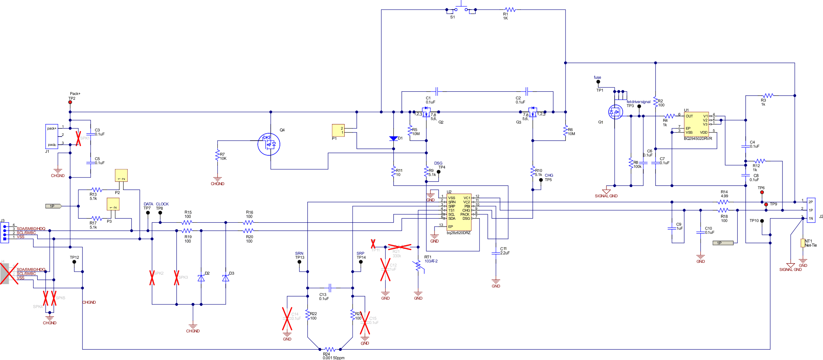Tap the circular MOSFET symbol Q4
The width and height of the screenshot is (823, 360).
click(269, 144)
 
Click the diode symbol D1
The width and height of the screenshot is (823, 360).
click(393, 138)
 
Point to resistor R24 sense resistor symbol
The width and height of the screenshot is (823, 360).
click(330, 349)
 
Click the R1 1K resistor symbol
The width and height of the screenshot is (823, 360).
click(510, 10)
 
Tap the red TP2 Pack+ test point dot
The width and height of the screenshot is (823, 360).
click(70, 102)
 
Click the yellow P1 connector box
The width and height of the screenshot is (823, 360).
click(338, 130)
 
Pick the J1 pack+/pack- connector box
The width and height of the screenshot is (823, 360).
click(52, 136)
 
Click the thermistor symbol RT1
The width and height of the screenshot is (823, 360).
click(418, 266)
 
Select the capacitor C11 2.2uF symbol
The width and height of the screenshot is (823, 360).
click(496, 253)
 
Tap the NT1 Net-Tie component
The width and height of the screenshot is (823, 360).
click(802, 243)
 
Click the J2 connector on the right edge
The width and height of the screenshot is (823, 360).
click(811, 210)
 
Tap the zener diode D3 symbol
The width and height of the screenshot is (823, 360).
click(226, 278)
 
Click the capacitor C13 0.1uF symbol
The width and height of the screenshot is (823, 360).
click(330, 288)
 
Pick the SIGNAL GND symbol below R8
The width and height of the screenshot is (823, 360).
click(606, 191)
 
